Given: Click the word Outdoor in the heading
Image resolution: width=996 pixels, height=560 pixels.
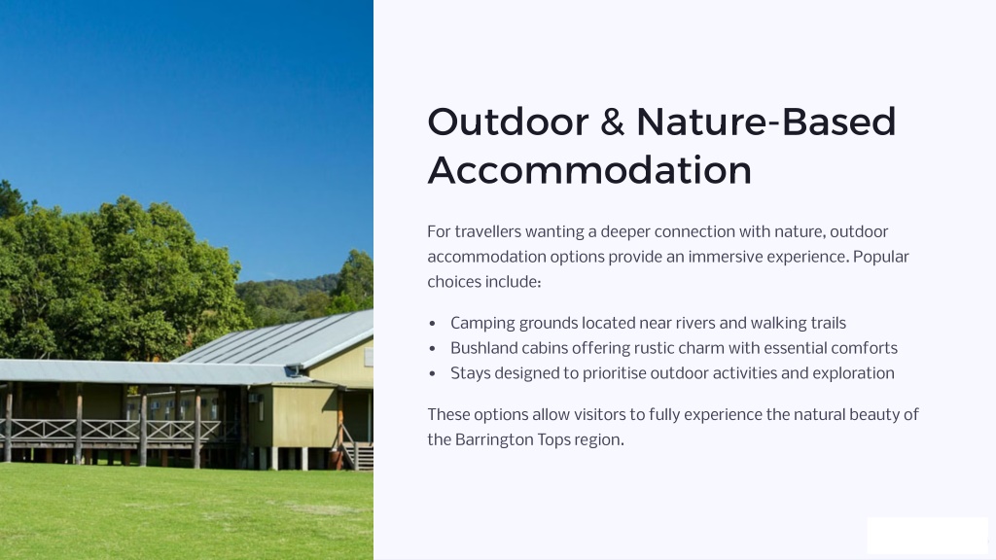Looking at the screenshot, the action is click(x=508, y=122).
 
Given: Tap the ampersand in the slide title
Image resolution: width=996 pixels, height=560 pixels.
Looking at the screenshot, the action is click(x=613, y=122).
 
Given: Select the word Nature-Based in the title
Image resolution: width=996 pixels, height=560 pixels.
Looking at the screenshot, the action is click(x=766, y=122).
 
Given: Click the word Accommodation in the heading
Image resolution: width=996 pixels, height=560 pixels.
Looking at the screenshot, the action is click(x=589, y=170).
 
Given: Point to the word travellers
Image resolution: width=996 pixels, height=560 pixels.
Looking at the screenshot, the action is click(x=488, y=231).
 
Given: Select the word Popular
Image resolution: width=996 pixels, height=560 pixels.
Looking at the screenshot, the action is click(x=881, y=257).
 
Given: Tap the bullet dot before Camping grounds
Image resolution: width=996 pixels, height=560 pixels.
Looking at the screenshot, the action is click(x=433, y=324).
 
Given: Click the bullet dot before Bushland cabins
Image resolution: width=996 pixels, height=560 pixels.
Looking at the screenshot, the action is click(x=433, y=349).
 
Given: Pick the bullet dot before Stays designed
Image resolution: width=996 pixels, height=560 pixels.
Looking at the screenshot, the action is click(x=433, y=374).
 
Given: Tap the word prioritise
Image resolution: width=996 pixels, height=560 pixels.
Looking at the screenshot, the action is click(x=615, y=373).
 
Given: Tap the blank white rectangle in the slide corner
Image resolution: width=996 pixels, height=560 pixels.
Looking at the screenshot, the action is click(x=927, y=536).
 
